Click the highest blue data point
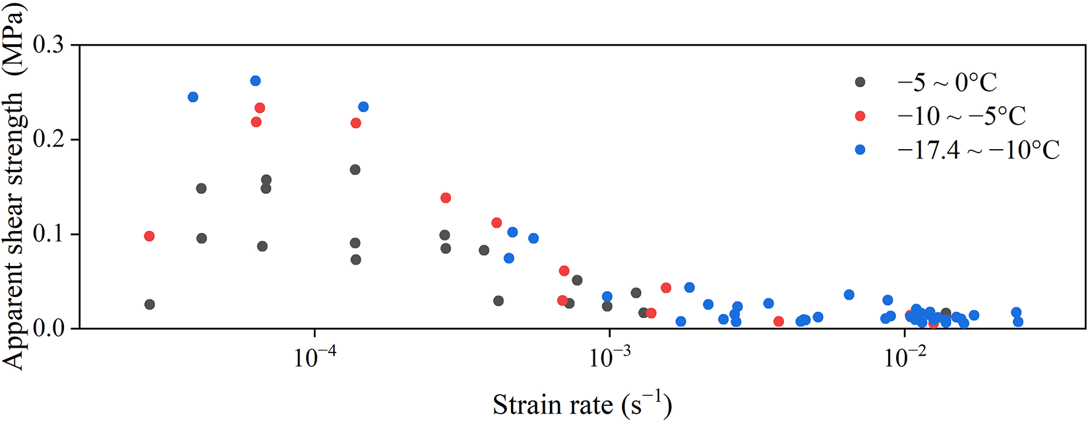[x=256, y=81]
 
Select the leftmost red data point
[x=149, y=236]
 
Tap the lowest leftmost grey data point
[x=150, y=304]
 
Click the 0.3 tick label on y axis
[x=51, y=46]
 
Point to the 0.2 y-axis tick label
[x=51, y=140]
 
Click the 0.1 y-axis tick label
[x=51, y=234]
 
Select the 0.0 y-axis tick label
[x=51, y=329]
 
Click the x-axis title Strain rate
[x=582, y=405]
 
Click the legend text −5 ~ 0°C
[x=947, y=82]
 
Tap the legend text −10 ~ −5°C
[x=961, y=116]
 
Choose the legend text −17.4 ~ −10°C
[x=978, y=150]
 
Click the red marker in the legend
[x=860, y=116]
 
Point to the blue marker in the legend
[x=860, y=150]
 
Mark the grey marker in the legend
[x=860, y=82]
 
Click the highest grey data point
[x=355, y=170]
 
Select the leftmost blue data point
[x=193, y=97]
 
